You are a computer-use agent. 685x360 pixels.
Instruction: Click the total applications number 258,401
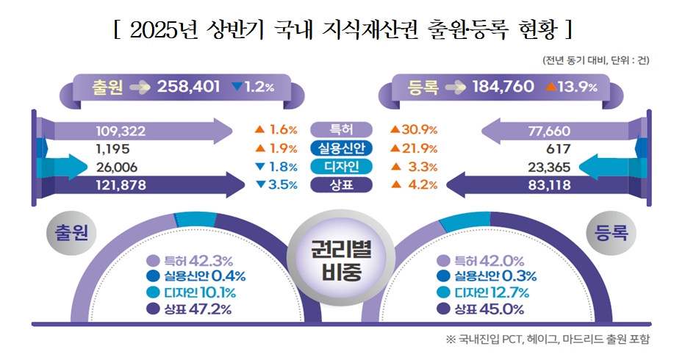coord(189,87)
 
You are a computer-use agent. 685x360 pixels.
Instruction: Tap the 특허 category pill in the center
coord(342,131)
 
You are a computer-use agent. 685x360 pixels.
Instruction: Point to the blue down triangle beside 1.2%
coord(237,87)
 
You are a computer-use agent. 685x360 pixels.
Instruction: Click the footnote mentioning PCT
coord(548,339)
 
